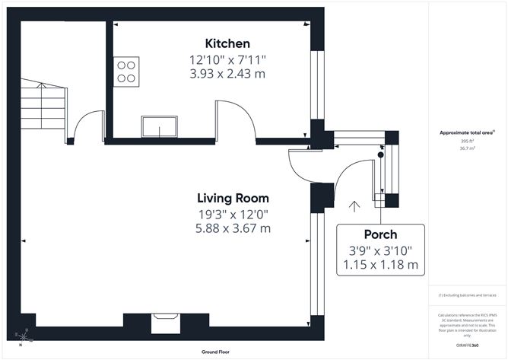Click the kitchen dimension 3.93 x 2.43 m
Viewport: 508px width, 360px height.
click(x=227, y=74)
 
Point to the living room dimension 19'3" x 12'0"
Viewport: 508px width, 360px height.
click(x=233, y=215)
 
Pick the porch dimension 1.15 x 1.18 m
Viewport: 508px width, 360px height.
click(x=379, y=265)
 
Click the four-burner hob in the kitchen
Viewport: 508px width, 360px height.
click(x=127, y=71)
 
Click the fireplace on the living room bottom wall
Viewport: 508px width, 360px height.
click(x=164, y=324)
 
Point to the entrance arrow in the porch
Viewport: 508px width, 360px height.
click(x=353, y=205)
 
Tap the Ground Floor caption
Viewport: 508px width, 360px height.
click(x=215, y=352)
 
